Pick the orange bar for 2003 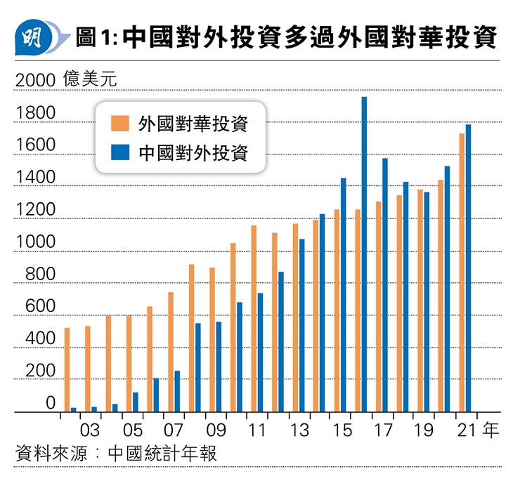click(x=87, y=369)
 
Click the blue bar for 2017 click(x=385, y=285)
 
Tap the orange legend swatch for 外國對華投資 click(x=119, y=124)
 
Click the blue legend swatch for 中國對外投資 click(x=119, y=152)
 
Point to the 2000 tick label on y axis click(x=34, y=81)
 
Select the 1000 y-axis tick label click(x=34, y=243)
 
